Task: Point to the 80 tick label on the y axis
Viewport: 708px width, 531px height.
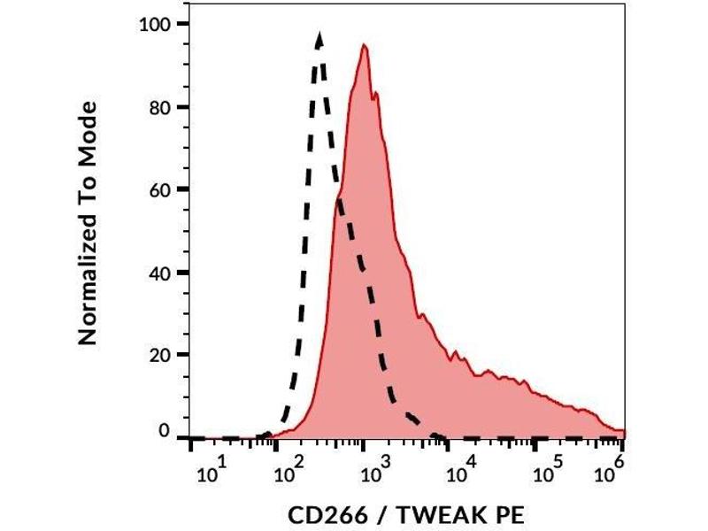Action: pyautogui.click(x=159, y=107)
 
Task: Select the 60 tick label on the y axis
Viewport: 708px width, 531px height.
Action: pyautogui.click(x=159, y=189)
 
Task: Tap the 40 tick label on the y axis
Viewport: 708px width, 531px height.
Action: pyautogui.click(x=159, y=273)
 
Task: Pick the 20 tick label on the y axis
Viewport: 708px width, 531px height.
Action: pyautogui.click(x=159, y=355)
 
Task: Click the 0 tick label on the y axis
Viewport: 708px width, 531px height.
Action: pyautogui.click(x=165, y=431)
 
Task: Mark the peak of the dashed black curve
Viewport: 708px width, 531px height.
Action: pyautogui.click(x=319, y=35)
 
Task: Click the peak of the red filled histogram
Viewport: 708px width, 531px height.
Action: pyautogui.click(x=364, y=45)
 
